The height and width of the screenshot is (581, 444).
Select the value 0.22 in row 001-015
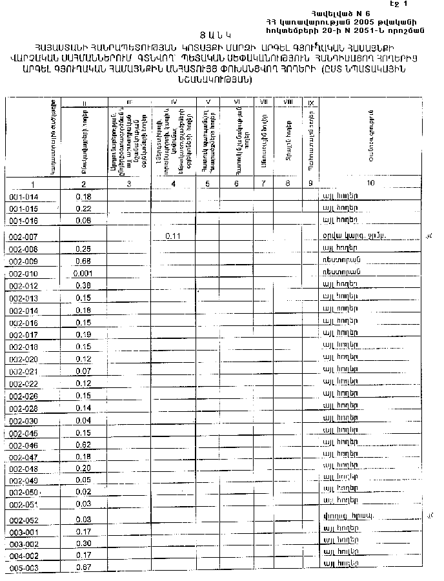(83, 209)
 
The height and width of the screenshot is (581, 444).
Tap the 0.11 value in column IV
(172, 236)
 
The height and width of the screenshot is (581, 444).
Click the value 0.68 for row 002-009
(83, 261)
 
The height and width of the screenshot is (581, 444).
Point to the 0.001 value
(83, 274)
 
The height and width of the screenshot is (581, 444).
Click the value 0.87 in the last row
(83, 567)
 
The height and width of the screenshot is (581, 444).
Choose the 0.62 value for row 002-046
(83, 445)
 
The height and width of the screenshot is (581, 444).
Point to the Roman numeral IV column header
(174, 102)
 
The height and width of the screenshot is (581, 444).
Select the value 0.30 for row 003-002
(83, 544)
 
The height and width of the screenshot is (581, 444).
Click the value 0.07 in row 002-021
(83, 371)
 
